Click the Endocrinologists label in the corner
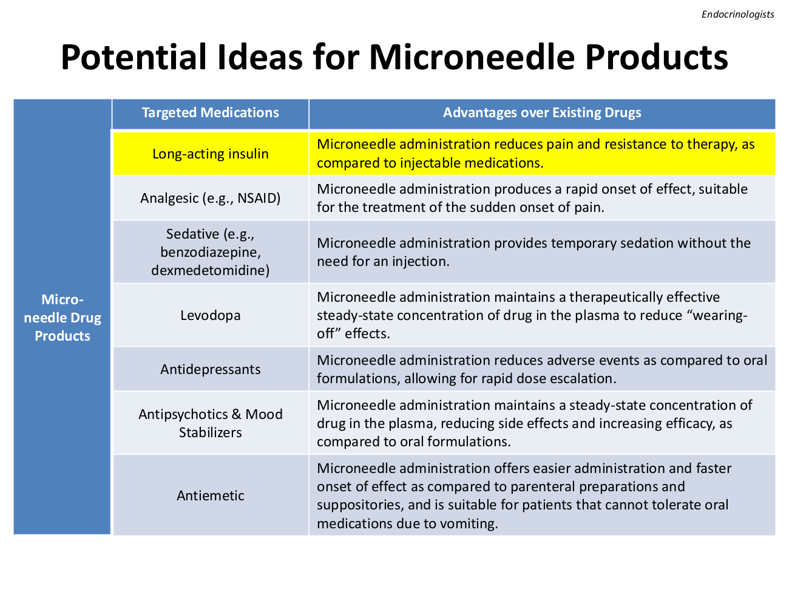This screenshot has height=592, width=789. [737, 15]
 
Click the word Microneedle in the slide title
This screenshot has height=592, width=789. [472, 57]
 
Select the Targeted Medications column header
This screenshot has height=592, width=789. [210, 113]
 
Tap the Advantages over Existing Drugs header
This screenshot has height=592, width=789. [542, 113]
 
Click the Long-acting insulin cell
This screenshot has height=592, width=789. [210, 154]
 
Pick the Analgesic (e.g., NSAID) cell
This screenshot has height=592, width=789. [210, 198]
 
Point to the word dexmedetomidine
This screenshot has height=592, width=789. [210, 270]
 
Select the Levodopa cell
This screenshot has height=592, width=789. [210, 315]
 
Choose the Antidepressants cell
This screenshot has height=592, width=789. [210, 369]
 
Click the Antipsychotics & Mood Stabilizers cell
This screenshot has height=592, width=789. [210, 423]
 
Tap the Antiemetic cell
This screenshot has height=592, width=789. [210, 495]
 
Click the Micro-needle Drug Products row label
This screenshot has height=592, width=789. [62, 318]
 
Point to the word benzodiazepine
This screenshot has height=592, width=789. [210, 253]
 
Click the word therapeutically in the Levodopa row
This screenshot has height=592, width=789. [616, 298]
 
